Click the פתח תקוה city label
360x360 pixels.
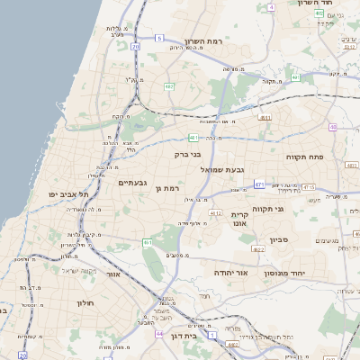(x=304, y=157)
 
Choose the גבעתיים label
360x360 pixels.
(x=132, y=183)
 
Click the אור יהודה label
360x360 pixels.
(x=230, y=272)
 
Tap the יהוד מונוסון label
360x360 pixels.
(x=288, y=272)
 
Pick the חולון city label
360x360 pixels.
(x=85, y=302)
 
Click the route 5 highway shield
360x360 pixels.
(x=159, y=38)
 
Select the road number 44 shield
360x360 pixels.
(x=158, y=334)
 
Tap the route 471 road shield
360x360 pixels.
(x=259, y=184)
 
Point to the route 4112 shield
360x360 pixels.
(x=215, y=213)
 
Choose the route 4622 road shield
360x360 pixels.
(x=257, y=249)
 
